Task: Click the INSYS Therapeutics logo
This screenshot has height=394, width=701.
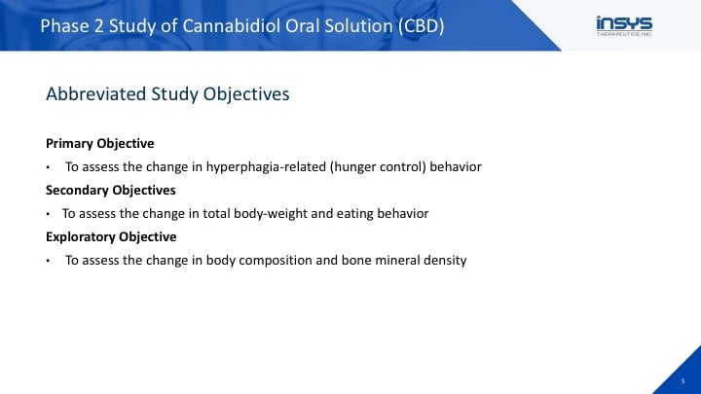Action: pos(624,26)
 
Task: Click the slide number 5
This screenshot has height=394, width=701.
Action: pos(683,381)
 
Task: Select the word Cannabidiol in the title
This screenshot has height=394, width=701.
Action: pos(231,26)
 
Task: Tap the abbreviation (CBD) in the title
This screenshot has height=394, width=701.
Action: pos(422,26)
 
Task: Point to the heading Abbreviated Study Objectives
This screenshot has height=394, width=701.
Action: pos(167,94)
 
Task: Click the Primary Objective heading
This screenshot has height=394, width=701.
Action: pos(99,143)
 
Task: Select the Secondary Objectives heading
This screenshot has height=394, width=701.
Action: pos(110,191)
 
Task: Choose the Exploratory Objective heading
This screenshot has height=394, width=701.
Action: pos(111,236)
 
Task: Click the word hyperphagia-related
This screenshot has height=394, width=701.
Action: pos(266,167)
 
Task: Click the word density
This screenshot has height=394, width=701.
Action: pos(445,261)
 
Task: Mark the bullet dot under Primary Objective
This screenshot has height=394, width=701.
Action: pos(48,168)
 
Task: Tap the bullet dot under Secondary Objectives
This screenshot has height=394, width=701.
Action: pos(48,214)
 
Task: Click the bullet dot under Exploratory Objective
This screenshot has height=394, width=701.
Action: pos(48,261)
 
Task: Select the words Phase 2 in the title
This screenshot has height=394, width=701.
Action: pos(72,26)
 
